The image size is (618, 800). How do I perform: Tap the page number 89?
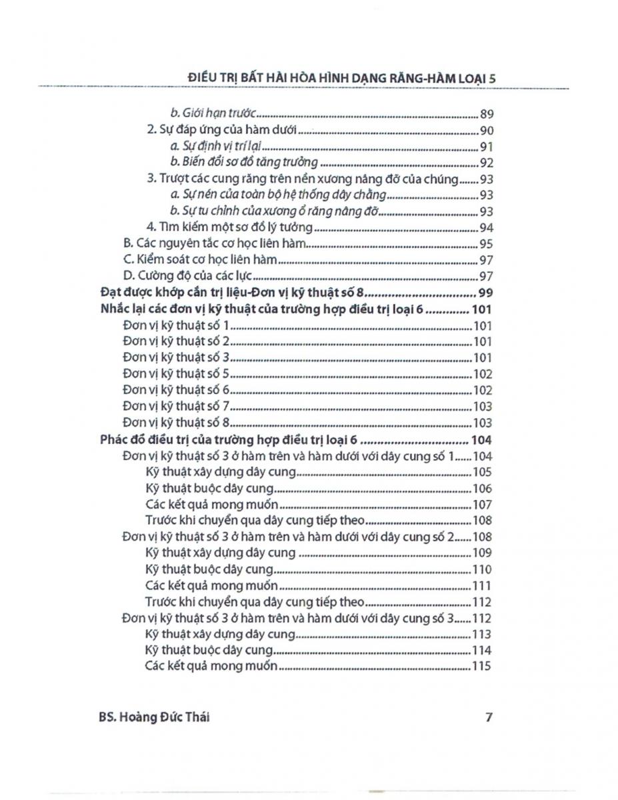(485, 114)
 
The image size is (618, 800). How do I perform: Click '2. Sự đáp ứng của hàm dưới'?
(219, 131)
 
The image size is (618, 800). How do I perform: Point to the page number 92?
(485, 163)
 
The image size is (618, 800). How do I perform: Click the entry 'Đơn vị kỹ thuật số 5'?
(177, 375)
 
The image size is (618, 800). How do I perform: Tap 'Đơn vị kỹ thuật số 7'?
(177, 407)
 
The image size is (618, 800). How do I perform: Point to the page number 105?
(482, 473)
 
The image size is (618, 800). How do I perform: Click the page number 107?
(482, 505)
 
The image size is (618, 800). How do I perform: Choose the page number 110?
(482, 569)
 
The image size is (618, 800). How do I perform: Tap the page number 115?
(482, 667)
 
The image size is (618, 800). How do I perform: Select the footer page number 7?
(489, 718)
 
